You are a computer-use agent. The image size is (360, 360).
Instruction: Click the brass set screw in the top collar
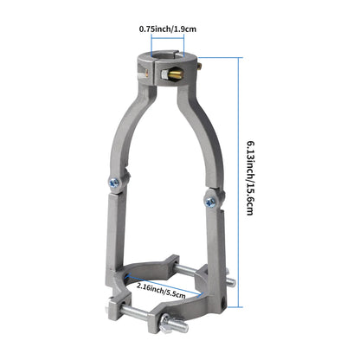coord(174,76)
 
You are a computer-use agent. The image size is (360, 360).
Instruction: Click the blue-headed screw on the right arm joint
coord(209,202)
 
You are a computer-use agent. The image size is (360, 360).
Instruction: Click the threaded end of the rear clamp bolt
coord(228,280)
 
